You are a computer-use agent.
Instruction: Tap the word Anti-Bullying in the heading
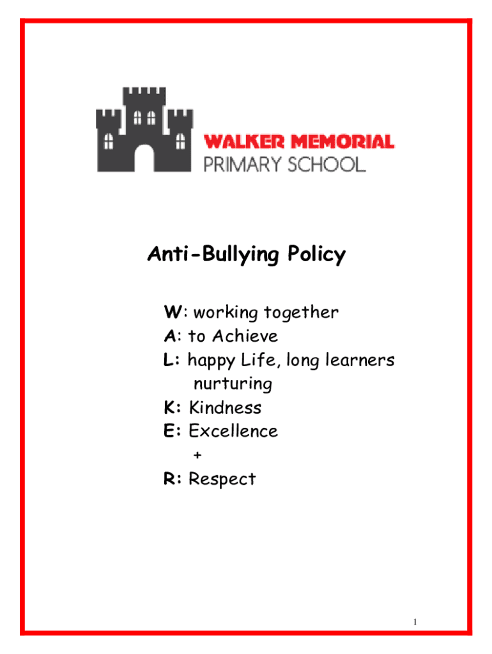tap(208, 255)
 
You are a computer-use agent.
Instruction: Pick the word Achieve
tap(245, 336)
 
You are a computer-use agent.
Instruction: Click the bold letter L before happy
tap(169, 360)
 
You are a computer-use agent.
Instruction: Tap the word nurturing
tap(233, 384)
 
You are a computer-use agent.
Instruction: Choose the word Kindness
tap(225, 407)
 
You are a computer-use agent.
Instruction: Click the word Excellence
tap(233, 431)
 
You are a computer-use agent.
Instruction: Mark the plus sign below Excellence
tap(197, 455)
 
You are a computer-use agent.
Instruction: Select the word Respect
tap(222, 479)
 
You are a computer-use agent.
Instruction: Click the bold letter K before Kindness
tap(170, 407)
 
